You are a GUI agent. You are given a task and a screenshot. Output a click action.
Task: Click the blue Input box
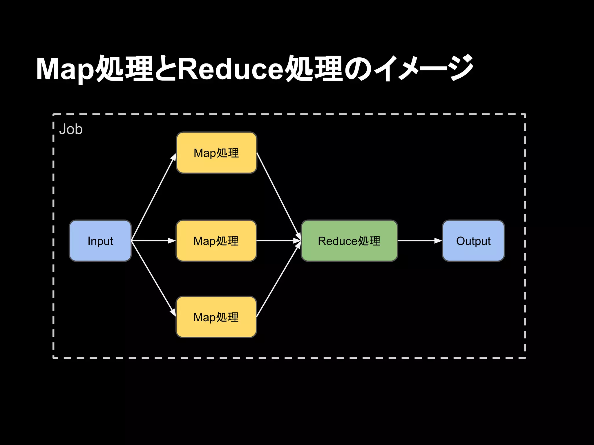click(x=100, y=241)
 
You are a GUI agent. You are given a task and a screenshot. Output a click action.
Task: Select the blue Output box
click(x=473, y=241)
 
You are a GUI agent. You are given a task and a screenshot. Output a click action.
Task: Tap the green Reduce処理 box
click(x=349, y=241)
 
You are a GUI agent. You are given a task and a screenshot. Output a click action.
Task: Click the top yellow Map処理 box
click(x=216, y=153)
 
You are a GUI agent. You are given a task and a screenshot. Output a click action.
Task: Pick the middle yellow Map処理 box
click(x=216, y=241)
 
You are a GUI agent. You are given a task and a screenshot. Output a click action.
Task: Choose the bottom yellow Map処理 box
click(x=216, y=317)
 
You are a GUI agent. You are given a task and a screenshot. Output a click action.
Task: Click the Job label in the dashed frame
click(x=71, y=129)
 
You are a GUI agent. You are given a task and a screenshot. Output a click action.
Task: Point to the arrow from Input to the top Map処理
click(x=154, y=197)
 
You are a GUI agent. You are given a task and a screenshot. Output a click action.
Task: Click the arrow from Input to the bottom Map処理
click(x=153, y=278)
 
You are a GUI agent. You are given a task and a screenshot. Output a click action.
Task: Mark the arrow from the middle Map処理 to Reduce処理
click(x=278, y=241)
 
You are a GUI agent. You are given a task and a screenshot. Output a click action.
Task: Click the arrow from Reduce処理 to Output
click(x=419, y=241)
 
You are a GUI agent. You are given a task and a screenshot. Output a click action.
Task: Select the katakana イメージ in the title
click(x=423, y=68)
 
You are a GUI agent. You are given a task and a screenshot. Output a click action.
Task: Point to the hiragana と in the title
click(x=165, y=69)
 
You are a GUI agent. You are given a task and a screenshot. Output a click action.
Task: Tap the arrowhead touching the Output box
click(x=438, y=241)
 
